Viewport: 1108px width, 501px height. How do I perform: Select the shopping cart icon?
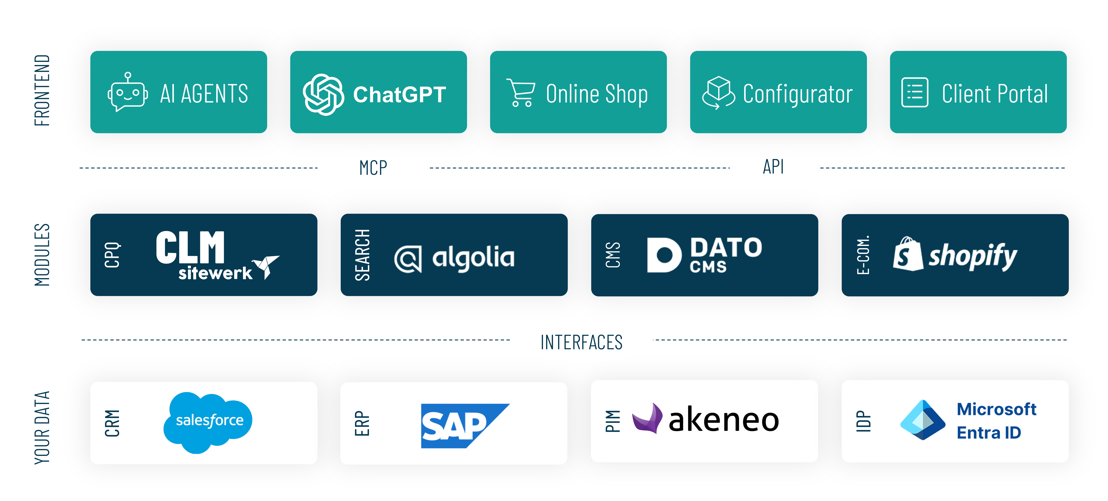click(x=521, y=93)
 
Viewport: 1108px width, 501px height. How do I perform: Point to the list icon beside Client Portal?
click(x=914, y=93)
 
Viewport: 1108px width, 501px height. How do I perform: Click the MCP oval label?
click(x=373, y=167)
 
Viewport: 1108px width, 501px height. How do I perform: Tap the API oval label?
click(x=773, y=166)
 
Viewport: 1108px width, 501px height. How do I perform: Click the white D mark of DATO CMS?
click(x=664, y=255)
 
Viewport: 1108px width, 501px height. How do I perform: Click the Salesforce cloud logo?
click(x=208, y=421)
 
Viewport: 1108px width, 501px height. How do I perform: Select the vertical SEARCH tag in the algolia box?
click(x=362, y=255)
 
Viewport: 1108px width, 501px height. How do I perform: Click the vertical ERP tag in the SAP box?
click(x=362, y=424)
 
